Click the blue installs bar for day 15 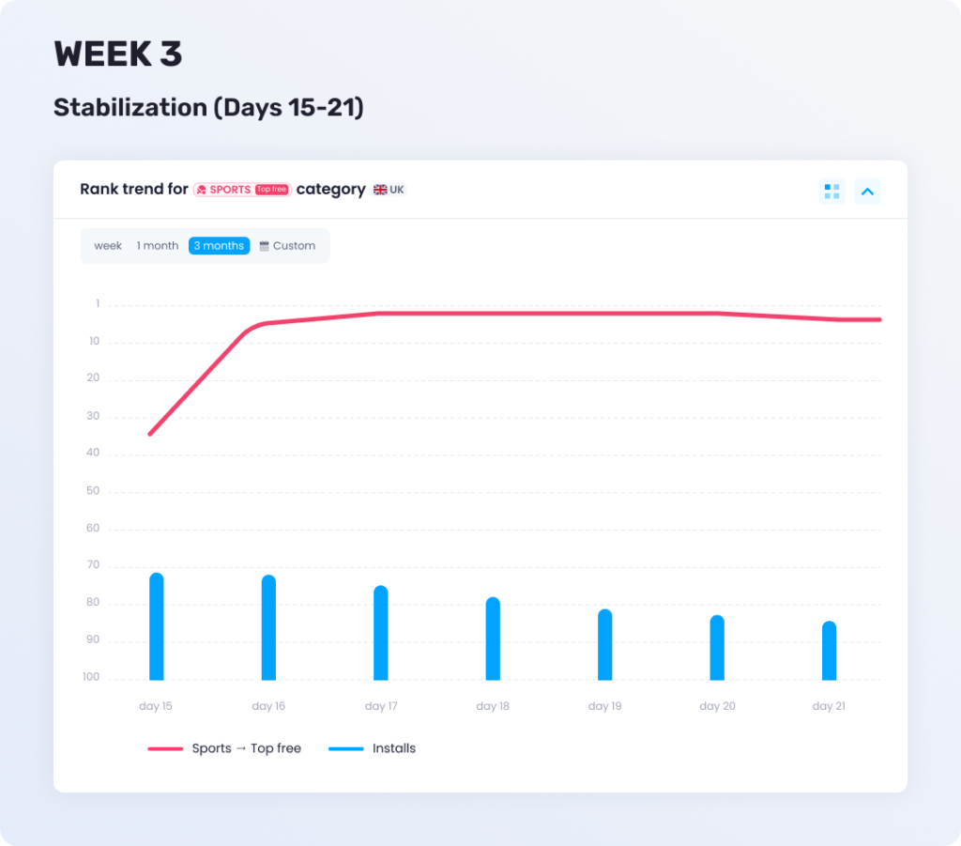(x=156, y=626)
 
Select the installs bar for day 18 (x=493, y=638)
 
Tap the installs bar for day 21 (x=829, y=651)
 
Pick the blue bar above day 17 (x=380, y=633)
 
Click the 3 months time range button (x=219, y=246)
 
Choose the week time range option (x=108, y=246)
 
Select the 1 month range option (x=158, y=246)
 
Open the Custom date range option (x=287, y=246)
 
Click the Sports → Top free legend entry (x=225, y=748)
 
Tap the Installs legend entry (x=373, y=748)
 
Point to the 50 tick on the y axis (x=93, y=491)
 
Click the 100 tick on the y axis (x=90, y=678)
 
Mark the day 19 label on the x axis (x=604, y=706)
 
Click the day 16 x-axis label (x=268, y=706)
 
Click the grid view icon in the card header (x=831, y=192)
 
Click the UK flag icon (x=380, y=190)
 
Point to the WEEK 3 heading (x=118, y=54)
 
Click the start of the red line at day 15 (x=150, y=434)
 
